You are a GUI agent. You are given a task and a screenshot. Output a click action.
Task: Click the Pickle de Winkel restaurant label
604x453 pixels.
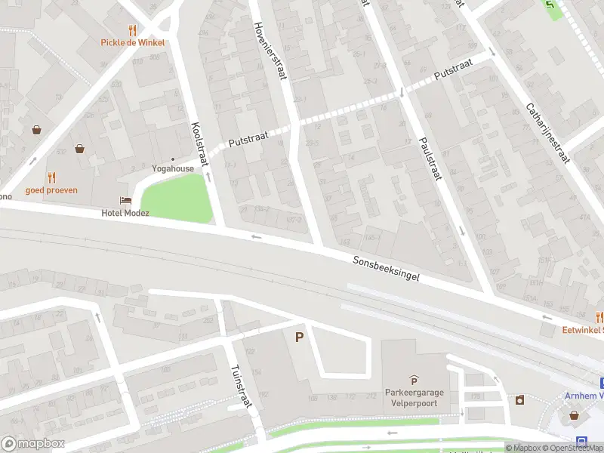[132, 42]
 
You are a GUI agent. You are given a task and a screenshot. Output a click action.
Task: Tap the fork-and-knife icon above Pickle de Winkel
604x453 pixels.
[133, 30]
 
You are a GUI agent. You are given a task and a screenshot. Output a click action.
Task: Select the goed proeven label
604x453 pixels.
[51, 190]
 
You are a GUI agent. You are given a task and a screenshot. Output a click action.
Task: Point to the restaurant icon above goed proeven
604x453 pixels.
[51, 177]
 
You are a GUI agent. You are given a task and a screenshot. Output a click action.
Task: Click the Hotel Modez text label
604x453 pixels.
[125, 213]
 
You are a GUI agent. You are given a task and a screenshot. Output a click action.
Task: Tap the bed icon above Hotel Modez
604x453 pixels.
[125, 200]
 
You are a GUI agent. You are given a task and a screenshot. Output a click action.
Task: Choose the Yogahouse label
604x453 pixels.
[173, 168]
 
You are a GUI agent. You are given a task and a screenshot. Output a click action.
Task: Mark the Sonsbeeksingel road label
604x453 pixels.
[386, 269]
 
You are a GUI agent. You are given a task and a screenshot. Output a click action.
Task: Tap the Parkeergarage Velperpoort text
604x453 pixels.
[413, 397]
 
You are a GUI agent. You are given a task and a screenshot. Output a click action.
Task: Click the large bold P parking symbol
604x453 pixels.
[299, 337]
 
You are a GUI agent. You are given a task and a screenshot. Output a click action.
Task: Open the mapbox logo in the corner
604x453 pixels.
[32, 444]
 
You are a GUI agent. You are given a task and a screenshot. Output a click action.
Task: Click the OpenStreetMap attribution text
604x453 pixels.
[573, 448]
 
